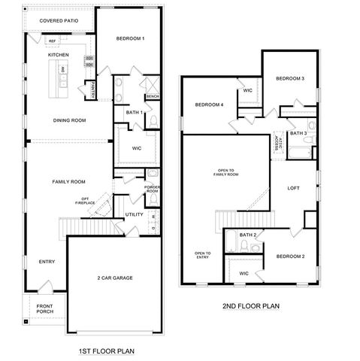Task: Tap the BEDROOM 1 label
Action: [x=131, y=38]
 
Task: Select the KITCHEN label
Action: [x=59, y=55]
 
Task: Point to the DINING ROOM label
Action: [x=69, y=120]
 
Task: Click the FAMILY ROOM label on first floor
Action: [x=68, y=181]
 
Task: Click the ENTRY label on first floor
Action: [x=47, y=261]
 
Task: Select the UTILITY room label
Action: [x=134, y=214]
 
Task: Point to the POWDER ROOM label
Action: [x=153, y=189]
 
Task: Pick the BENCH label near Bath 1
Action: [x=152, y=96]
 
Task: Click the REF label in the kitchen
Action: [x=53, y=41]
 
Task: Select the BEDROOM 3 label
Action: [x=289, y=79]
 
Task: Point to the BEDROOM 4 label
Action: [x=210, y=105]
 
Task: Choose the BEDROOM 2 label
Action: [x=290, y=256]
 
